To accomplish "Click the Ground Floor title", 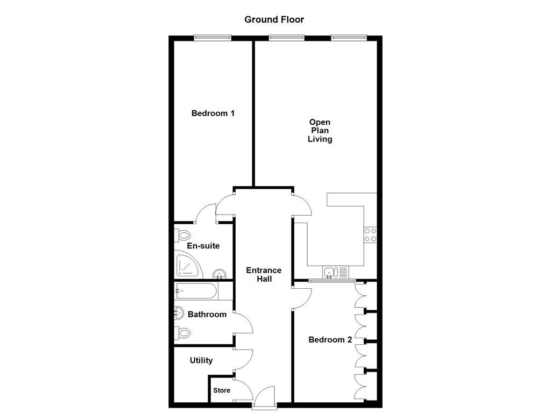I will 274,20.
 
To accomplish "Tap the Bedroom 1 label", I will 213,113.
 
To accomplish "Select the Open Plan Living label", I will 320,131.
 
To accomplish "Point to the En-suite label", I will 203,246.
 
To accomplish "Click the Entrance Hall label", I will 264,275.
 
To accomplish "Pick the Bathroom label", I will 207,314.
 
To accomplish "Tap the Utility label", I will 201,360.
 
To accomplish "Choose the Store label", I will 222,390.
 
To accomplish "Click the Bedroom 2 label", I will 330,340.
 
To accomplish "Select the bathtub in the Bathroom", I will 196,292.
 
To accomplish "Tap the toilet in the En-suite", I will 182,235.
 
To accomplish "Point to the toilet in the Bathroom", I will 182,333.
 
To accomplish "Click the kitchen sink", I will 336,272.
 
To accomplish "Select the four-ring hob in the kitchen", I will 370,235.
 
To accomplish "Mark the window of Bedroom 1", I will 213,38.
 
